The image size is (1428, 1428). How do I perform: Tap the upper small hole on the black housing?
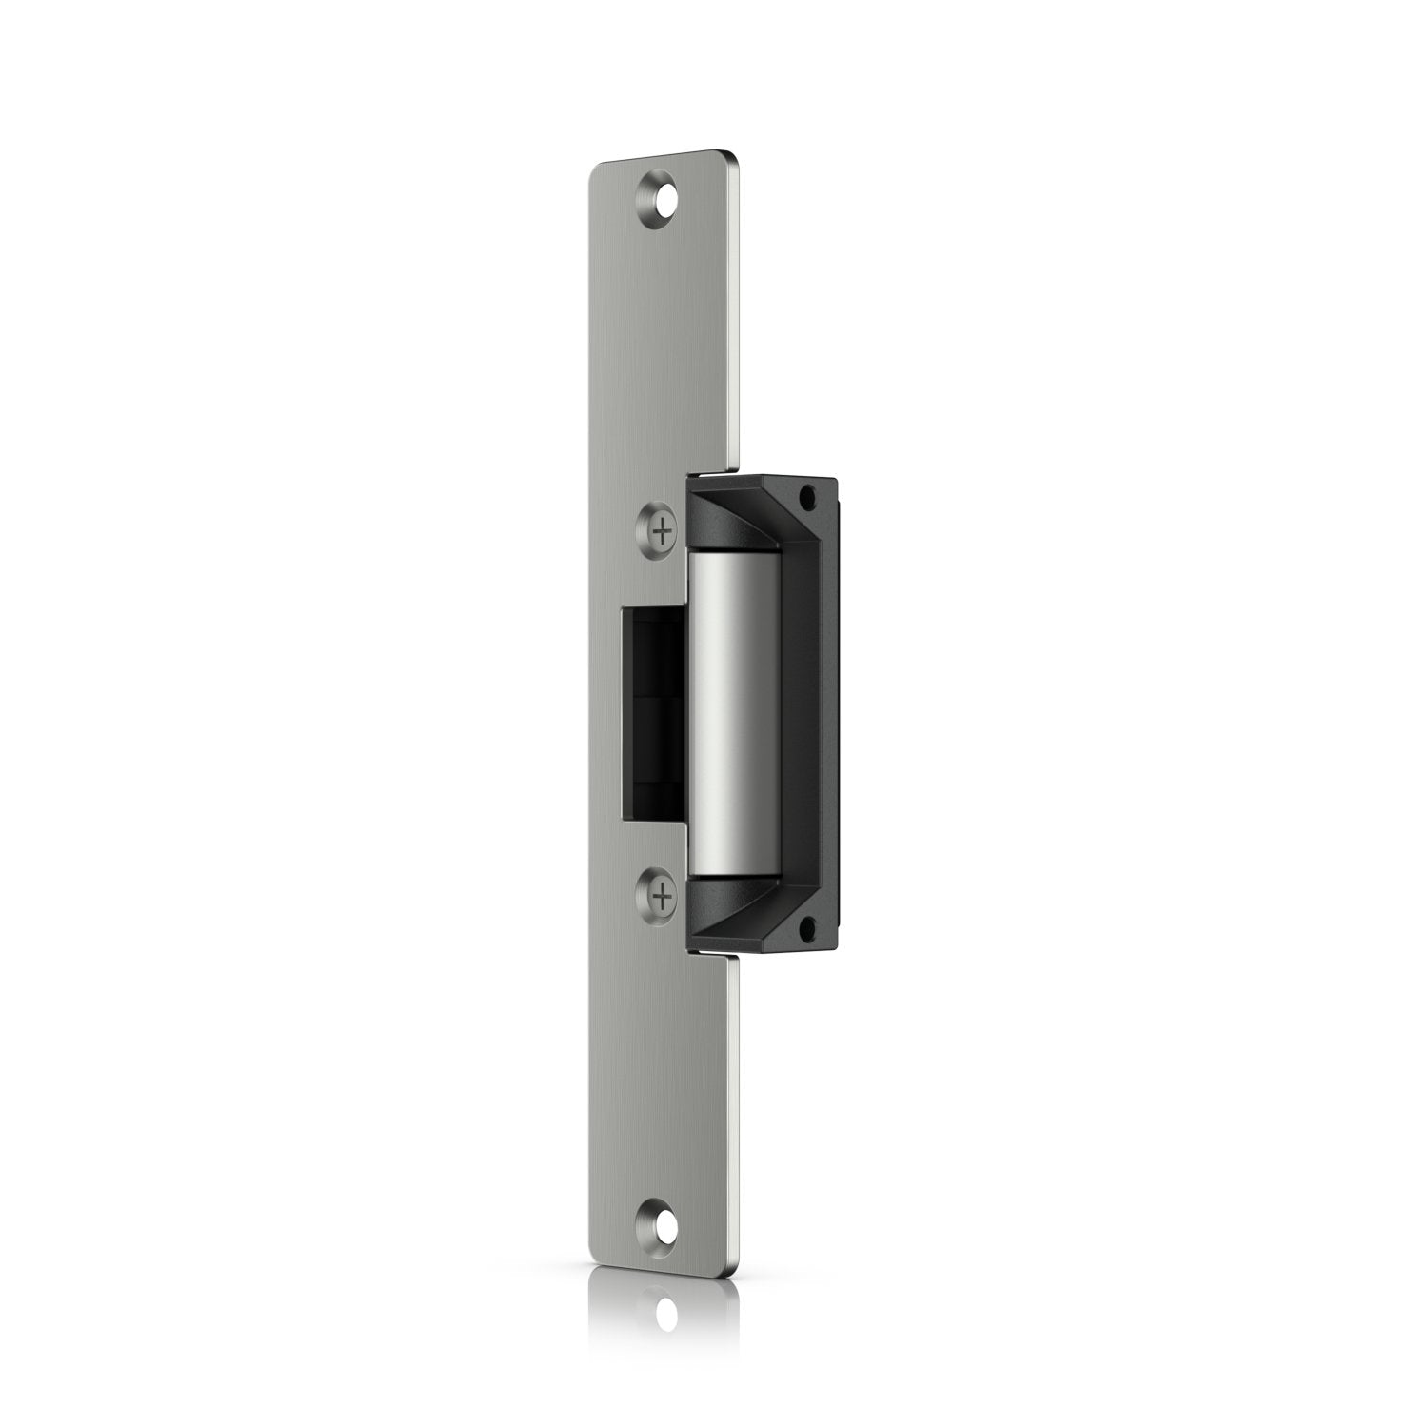pyautogui.click(x=810, y=497)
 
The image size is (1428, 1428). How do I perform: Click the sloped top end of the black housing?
pyautogui.click(x=752, y=514)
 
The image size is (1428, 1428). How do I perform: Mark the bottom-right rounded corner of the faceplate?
pyautogui.click(x=735, y=1271)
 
